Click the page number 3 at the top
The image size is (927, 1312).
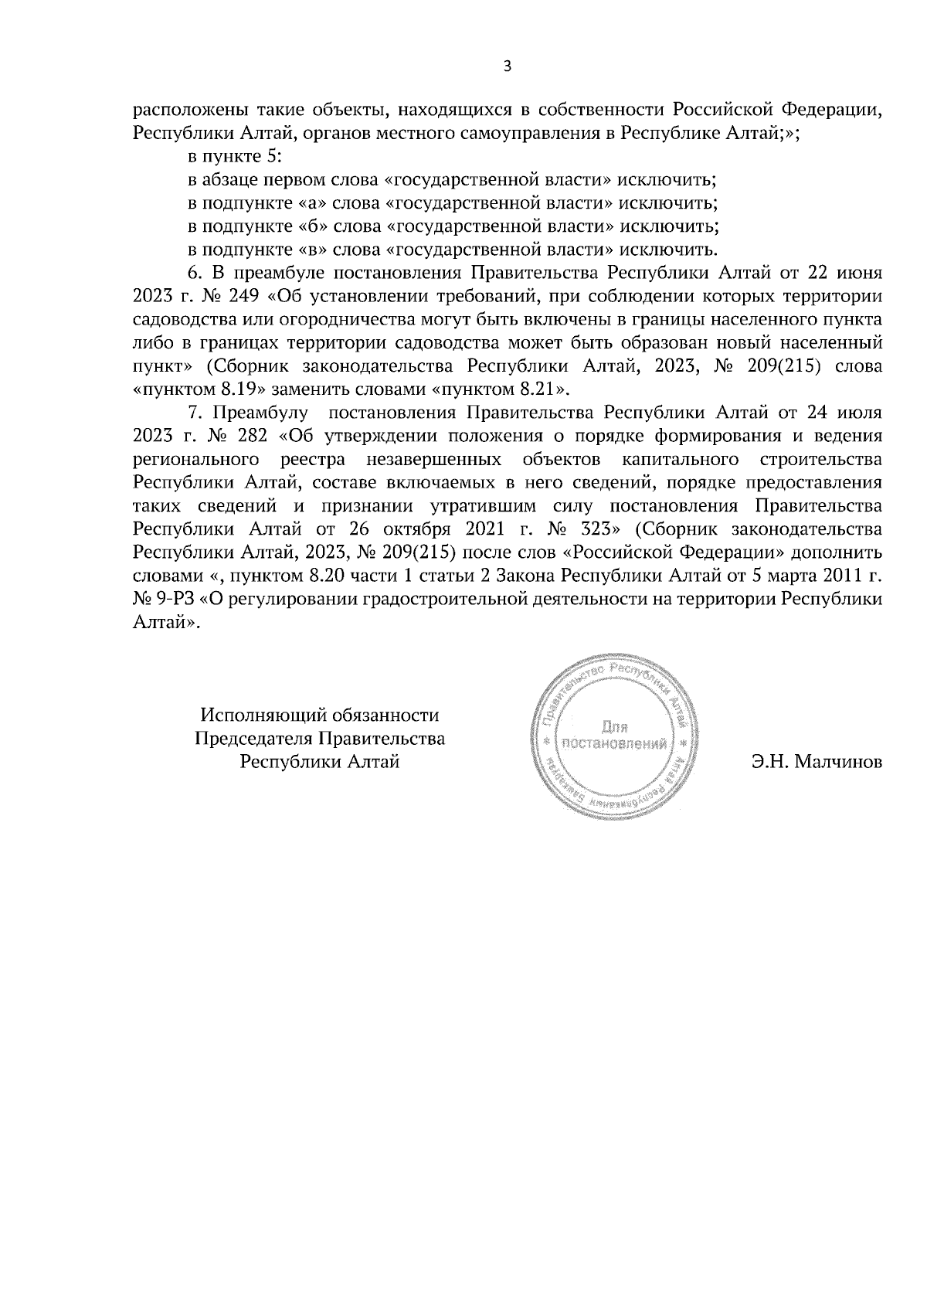[x=507, y=66]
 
